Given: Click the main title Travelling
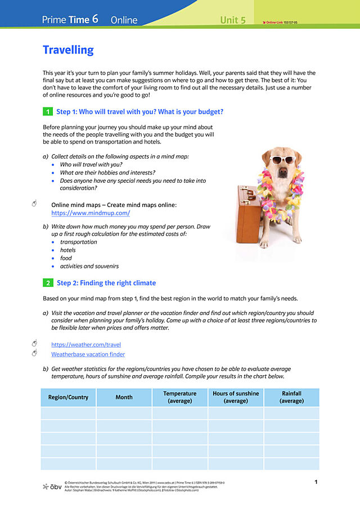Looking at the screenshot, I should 68,50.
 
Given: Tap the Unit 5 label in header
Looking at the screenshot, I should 233,20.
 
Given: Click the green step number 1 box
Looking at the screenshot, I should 48,112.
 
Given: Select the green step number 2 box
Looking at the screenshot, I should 48,283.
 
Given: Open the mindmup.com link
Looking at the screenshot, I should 91,213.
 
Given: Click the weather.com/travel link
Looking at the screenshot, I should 86,344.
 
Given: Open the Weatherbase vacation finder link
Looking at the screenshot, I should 88,354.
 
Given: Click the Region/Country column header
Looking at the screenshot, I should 68,397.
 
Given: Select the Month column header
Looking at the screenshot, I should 124,397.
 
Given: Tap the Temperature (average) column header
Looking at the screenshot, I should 180,397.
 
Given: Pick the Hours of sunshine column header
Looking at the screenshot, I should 236,397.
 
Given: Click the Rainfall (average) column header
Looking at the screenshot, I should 291,397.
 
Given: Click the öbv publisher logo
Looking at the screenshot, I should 52,486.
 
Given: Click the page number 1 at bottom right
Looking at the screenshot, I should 316,482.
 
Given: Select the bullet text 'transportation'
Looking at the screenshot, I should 78,242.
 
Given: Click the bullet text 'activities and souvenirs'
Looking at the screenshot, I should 89,266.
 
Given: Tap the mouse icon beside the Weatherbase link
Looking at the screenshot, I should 34,353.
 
